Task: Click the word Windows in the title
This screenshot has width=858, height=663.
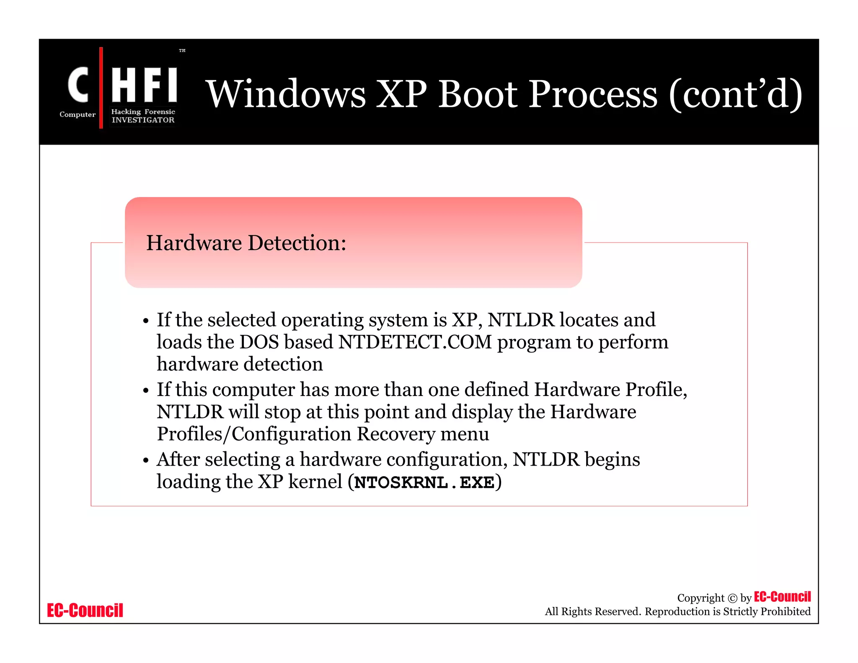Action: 287,94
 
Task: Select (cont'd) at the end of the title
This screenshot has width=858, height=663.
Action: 735,94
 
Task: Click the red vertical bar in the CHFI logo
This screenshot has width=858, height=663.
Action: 101,88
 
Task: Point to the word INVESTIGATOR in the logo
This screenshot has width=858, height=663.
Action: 143,120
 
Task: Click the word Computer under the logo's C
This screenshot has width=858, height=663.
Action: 78,114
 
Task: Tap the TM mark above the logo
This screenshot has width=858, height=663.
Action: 182,50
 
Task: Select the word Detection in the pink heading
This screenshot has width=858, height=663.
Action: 297,243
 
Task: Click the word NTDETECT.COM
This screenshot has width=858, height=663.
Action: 415,342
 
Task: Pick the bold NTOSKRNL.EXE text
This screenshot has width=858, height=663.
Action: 424,482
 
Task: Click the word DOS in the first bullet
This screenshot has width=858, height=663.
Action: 259,342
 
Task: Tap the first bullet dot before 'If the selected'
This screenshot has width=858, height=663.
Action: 146,321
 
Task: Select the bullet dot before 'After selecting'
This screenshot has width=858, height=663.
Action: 146,461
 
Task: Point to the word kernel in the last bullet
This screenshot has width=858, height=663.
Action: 315,482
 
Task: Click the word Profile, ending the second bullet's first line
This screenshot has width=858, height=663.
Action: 656,389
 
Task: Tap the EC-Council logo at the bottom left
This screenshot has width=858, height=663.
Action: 85,610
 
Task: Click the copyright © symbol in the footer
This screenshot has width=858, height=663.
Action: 732,598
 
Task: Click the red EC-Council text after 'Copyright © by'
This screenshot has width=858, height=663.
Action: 782,596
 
